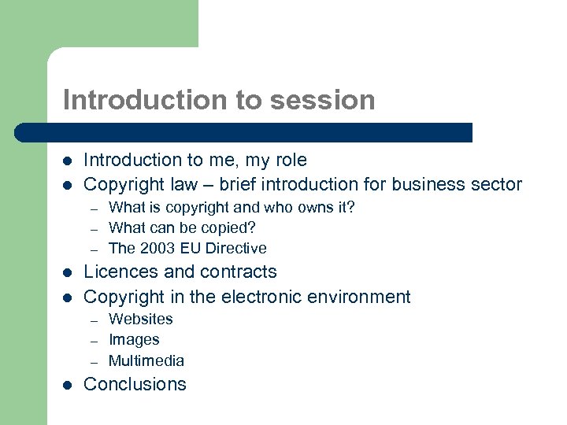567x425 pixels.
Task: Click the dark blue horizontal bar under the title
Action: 244,132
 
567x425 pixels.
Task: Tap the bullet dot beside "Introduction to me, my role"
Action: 68,161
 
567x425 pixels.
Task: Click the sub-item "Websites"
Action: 140,319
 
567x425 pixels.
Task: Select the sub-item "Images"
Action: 134,340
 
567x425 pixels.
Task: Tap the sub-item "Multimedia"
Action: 146,361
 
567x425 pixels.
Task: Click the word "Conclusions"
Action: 135,384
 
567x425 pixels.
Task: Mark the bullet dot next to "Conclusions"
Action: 68,385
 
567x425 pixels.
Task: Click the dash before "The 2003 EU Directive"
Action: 93,249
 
